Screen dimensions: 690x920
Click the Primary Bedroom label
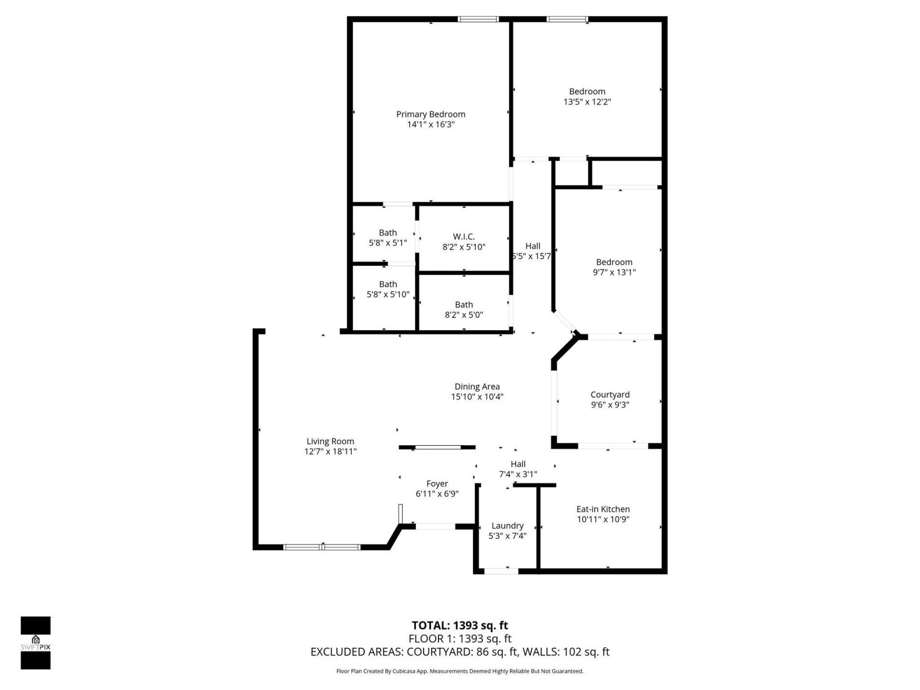coord(430,114)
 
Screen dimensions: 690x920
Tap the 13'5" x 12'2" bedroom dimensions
coord(587,102)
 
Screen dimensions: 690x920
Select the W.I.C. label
coord(463,237)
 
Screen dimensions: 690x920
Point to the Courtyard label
coord(609,394)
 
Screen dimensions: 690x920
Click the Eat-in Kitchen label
coord(603,509)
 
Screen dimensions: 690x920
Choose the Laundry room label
coord(507,526)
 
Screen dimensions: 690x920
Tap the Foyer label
coord(437,483)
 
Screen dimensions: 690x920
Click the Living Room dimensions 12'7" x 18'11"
coord(330,451)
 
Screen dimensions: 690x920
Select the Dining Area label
coord(477,386)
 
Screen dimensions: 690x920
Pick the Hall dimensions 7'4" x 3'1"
coord(517,474)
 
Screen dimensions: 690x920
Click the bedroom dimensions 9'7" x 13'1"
coord(614,272)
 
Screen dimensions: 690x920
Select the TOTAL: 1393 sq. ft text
coord(460,625)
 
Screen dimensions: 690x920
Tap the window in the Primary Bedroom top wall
coord(478,19)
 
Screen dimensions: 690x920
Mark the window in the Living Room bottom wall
coord(322,547)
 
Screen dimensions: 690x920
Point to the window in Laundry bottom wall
coord(501,571)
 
